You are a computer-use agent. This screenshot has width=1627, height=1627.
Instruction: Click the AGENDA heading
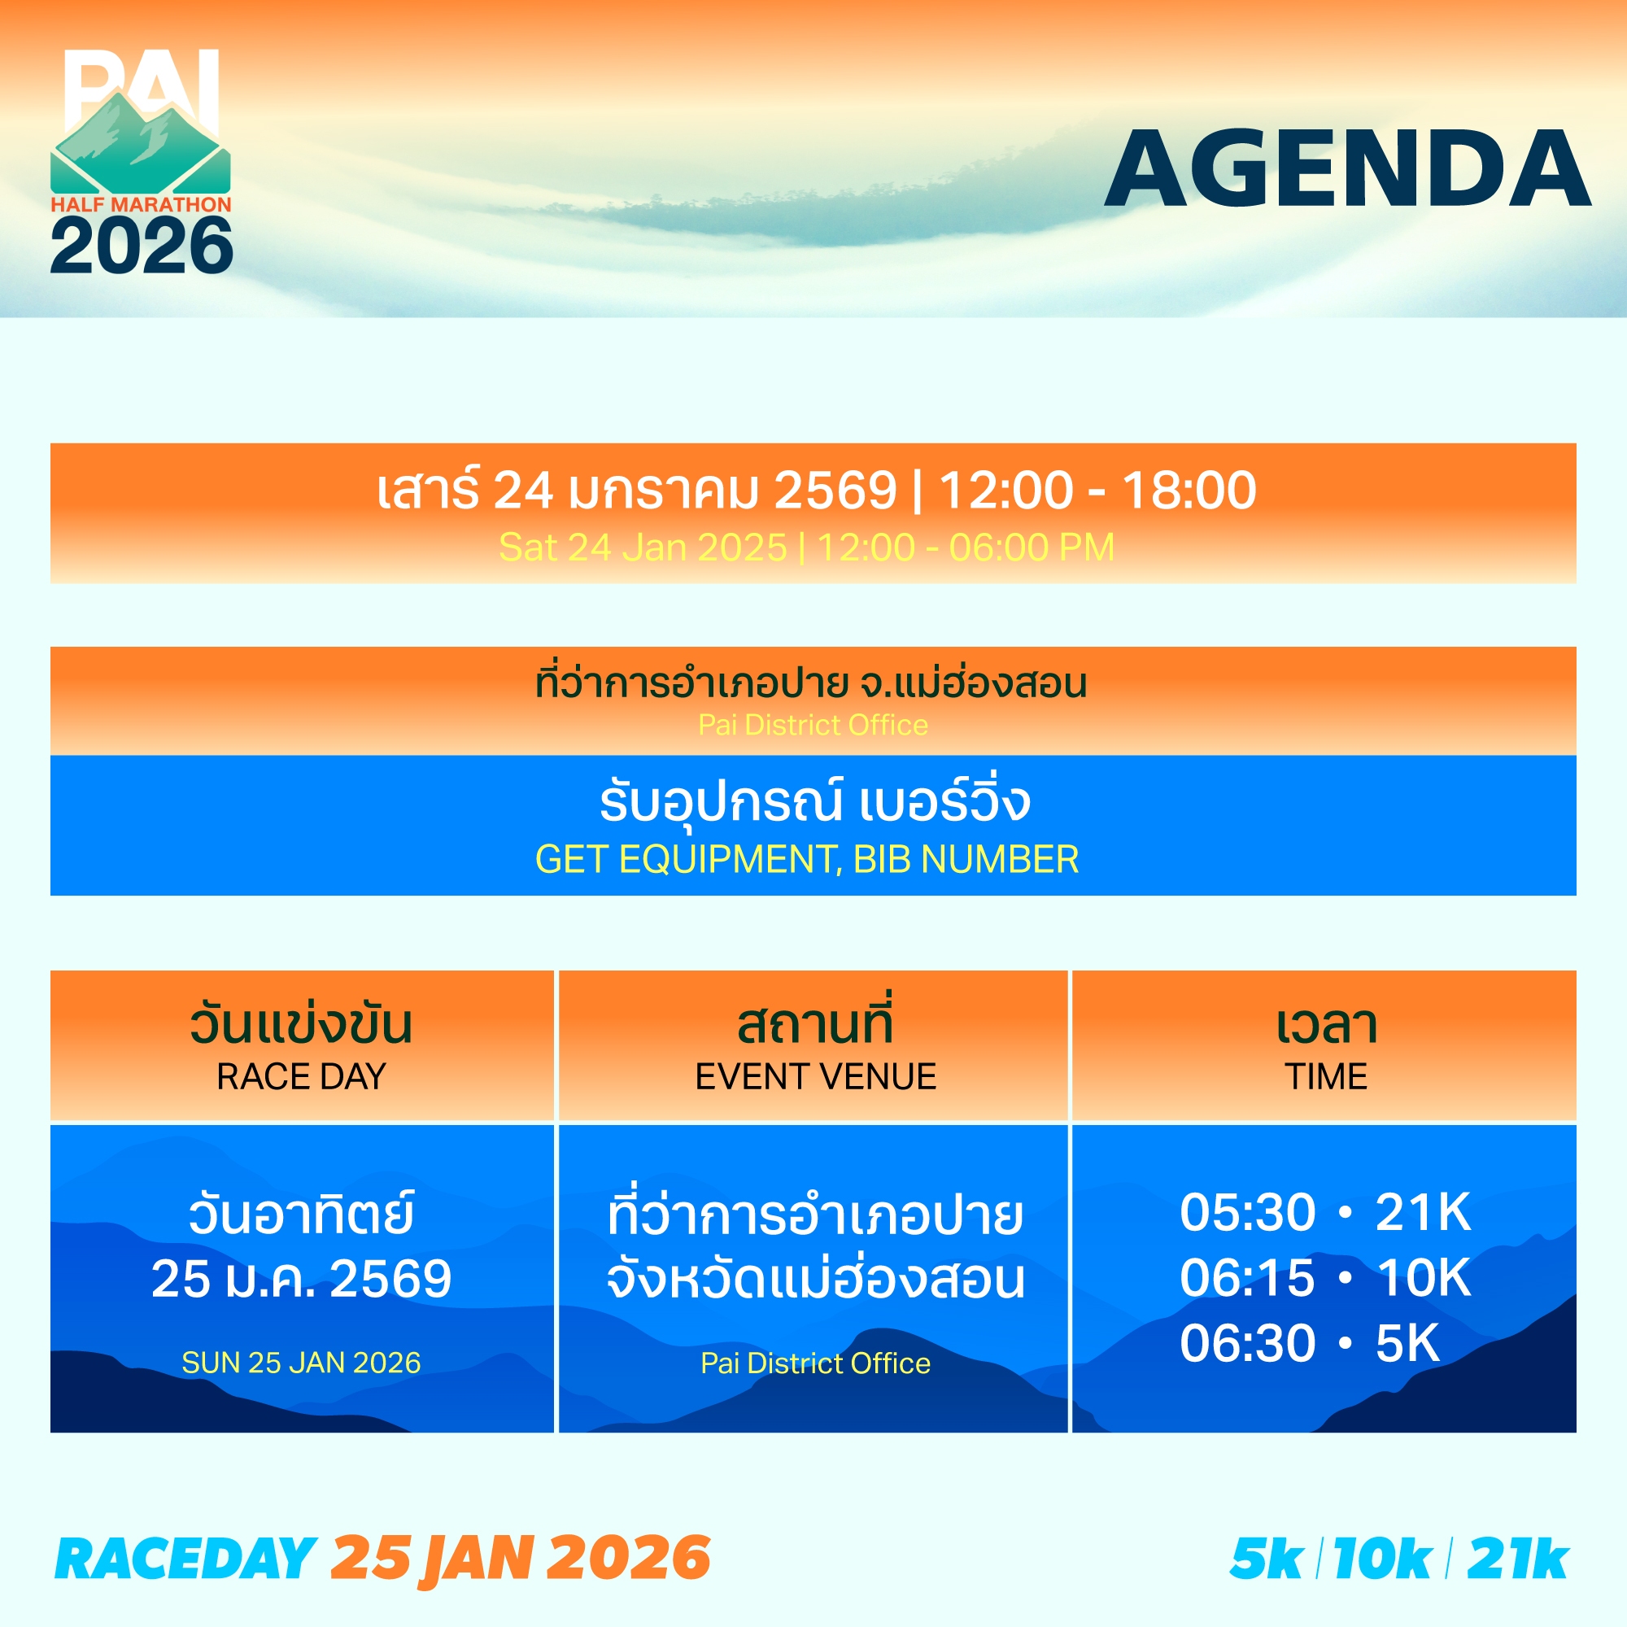coord(1347,168)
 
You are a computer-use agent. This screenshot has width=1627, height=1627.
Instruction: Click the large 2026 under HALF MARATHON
coord(142,245)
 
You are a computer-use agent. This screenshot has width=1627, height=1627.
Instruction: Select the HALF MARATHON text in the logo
coord(141,205)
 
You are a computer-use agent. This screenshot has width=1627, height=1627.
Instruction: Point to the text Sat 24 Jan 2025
coord(643,547)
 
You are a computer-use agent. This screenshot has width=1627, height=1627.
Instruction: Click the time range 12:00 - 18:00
coord(1097,490)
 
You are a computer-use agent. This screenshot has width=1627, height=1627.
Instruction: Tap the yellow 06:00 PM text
coord(1032,547)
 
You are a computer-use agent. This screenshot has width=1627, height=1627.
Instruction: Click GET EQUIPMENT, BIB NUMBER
coord(807,859)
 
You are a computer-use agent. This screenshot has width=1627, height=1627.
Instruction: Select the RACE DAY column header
coord(302,1076)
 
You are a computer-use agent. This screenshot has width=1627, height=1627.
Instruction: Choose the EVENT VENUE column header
coord(815,1076)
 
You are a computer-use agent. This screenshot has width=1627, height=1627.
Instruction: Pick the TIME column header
coord(1325,1076)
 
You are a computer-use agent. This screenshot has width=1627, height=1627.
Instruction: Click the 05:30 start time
coord(1247,1213)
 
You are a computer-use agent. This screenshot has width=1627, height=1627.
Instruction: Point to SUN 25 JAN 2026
coord(302,1363)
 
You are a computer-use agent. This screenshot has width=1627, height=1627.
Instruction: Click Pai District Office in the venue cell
coord(815,1363)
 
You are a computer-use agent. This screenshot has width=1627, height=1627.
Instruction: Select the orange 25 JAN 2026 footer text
coord(521,1557)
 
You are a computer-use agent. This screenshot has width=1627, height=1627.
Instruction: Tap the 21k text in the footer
coord(1517,1559)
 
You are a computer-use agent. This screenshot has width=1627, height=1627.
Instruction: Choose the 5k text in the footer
coord(1267,1559)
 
